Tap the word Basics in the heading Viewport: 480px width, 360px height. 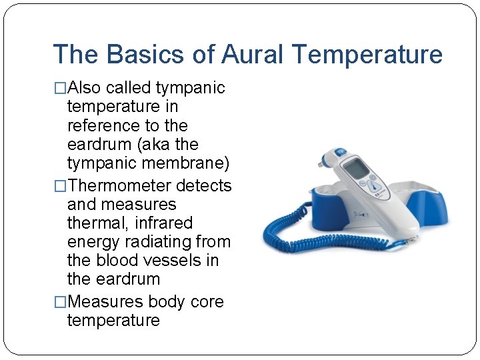pos(146,55)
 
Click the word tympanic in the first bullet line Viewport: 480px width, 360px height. pos(190,88)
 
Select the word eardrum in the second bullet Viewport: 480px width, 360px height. pos(114,279)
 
